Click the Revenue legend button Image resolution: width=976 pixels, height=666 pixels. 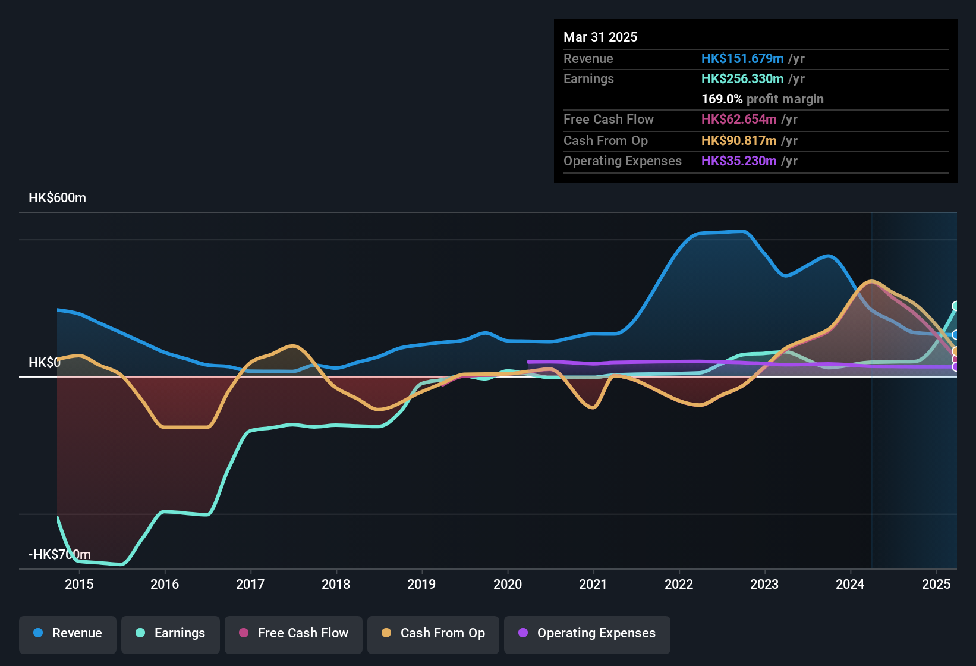(68, 633)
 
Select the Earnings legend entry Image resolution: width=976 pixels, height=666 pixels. (171, 633)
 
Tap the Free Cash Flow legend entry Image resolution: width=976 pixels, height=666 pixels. (294, 633)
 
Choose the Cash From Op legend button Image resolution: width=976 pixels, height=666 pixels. (433, 633)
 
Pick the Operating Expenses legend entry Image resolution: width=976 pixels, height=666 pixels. (587, 633)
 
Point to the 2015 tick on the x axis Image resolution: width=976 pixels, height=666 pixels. (79, 584)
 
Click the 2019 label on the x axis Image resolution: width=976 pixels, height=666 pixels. (421, 584)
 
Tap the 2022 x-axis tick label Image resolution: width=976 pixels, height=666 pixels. (679, 584)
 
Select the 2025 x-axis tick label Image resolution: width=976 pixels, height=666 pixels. (936, 584)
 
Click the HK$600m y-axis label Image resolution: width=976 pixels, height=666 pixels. (57, 198)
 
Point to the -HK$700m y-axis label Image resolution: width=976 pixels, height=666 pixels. (59, 555)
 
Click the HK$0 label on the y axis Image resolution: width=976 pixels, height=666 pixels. (44, 363)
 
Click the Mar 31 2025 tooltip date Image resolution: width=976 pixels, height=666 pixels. (600, 37)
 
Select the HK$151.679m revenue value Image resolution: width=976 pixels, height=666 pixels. (742, 59)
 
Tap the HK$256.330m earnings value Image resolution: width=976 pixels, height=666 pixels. (742, 79)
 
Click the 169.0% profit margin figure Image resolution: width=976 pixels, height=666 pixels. (722, 99)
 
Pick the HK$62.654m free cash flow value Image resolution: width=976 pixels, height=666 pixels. (739, 120)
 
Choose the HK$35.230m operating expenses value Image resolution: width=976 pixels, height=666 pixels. (739, 161)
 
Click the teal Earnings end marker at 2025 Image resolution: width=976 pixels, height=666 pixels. (955, 306)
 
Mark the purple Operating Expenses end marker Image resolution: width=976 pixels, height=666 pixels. (955, 367)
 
